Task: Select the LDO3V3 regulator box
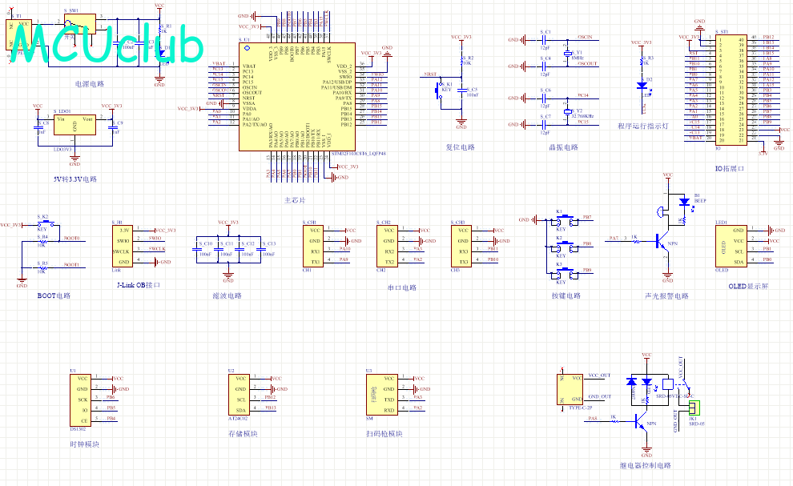click(x=74, y=127)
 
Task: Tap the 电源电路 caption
click(x=88, y=83)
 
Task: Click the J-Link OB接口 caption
click(x=139, y=285)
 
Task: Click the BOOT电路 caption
click(x=54, y=295)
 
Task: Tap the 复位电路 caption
click(x=460, y=147)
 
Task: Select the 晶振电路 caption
click(x=564, y=147)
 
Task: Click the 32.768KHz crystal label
click(x=582, y=116)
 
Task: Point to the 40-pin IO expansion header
click(x=731, y=88)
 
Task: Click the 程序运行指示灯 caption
click(x=642, y=126)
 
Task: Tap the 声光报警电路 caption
click(x=666, y=295)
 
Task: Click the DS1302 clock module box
click(x=83, y=398)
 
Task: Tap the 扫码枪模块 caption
click(x=383, y=434)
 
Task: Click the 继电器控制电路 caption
click(x=646, y=465)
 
